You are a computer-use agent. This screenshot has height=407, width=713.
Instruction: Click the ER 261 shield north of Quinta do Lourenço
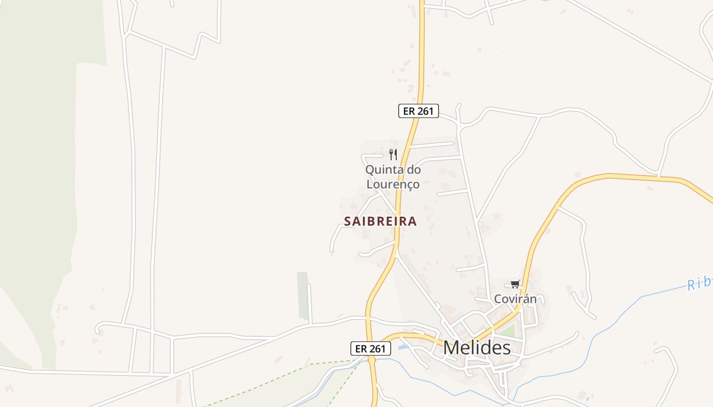coord(418,111)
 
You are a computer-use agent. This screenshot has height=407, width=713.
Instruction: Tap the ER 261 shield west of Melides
coord(371,348)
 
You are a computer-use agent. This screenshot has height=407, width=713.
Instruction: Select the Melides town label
coord(477,348)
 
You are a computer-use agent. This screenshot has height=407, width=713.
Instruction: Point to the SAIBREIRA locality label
coord(380,221)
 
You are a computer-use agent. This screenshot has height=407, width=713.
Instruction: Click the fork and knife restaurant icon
coord(393,154)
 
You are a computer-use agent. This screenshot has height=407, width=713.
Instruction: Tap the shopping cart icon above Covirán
coord(515,284)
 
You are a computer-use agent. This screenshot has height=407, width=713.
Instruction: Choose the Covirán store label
coord(515,299)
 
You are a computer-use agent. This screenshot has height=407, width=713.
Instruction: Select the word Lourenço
coord(392,184)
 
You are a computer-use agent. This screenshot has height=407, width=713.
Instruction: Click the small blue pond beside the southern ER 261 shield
coord(402,347)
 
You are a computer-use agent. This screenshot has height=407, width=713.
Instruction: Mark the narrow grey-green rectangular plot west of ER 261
coord(303,295)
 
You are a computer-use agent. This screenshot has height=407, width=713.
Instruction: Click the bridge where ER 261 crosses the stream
coord(372,360)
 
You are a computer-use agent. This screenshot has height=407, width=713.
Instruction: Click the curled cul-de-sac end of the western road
coord(97,328)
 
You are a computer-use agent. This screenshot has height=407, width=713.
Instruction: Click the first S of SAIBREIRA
coord(348,221)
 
